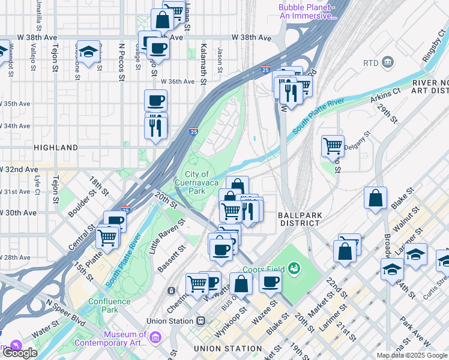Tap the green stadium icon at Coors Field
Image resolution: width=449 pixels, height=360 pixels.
pos(294,267)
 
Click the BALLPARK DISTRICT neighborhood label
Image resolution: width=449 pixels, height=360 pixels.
pos(298,218)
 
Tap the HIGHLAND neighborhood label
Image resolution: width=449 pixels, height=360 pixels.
pos(56,147)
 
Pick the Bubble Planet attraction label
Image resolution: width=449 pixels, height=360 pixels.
pos(306,11)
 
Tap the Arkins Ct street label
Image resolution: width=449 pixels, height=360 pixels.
pos(385,95)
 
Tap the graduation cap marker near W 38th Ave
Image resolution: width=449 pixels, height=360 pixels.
pos(89,52)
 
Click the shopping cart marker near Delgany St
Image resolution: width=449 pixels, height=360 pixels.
pos(333,145)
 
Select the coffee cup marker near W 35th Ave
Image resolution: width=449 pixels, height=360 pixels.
pos(155,100)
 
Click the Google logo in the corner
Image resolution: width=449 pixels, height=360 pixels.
pos(20,353)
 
